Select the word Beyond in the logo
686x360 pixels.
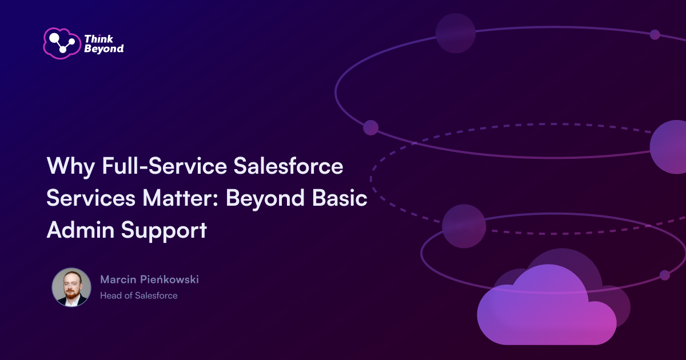(104, 49)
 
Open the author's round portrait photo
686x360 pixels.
(71, 287)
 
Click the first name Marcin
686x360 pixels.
(117, 279)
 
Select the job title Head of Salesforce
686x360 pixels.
(138, 295)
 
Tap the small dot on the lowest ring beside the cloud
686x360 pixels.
(664, 275)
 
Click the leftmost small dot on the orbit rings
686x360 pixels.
(370, 127)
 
